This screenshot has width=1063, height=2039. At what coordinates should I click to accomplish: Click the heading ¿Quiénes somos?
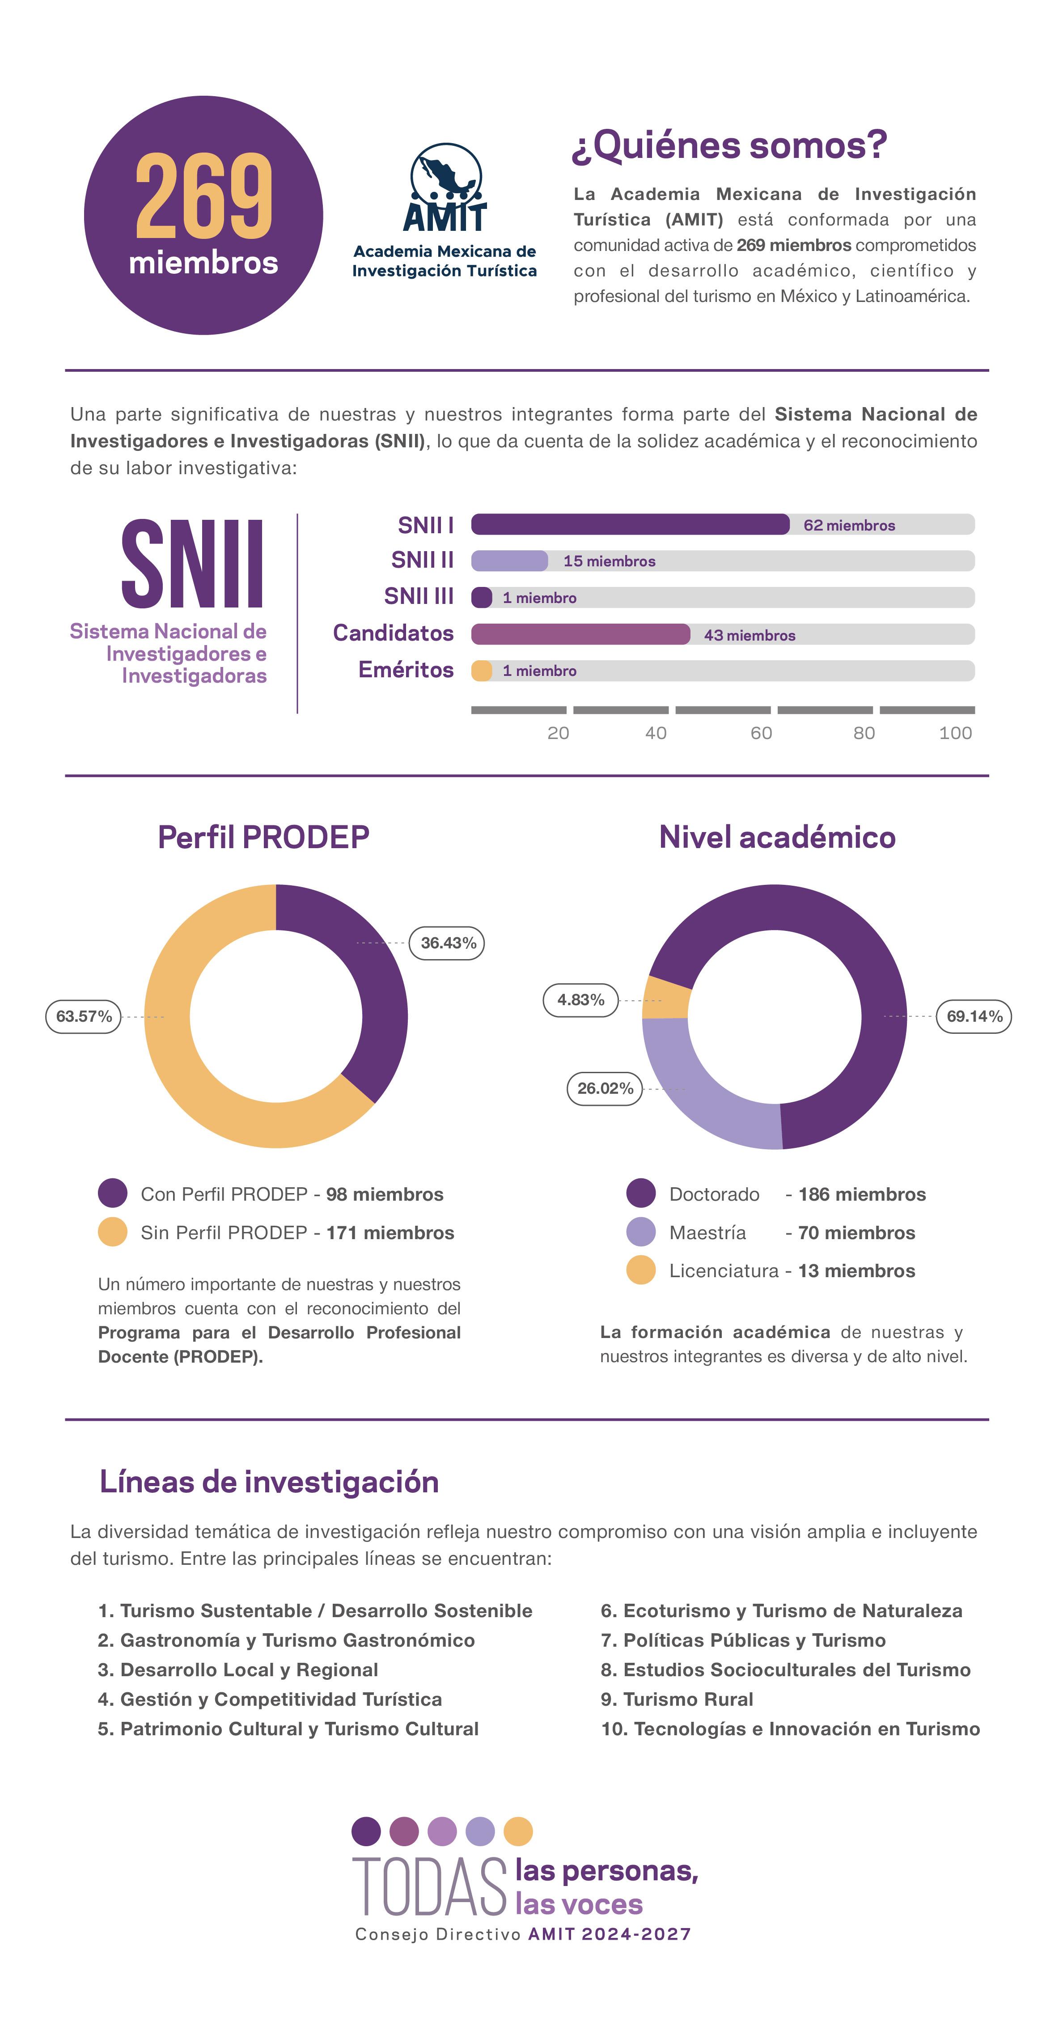[x=728, y=146]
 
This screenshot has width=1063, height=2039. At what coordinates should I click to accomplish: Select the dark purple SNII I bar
[x=629, y=524]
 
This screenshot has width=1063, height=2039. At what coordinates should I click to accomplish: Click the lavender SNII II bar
[x=509, y=561]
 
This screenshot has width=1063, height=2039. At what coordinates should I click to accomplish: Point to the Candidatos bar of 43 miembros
[x=580, y=634]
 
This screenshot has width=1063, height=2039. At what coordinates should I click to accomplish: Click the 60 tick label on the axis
[x=761, y=733]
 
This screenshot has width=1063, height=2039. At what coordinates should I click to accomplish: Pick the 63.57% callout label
[x=83, y=1016]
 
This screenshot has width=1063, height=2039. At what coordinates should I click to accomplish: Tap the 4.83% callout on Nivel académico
[x=580, y=1000]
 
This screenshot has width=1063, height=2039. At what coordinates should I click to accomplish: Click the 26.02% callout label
[x=605, y=1088]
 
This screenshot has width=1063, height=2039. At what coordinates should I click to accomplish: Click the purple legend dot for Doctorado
[x=640, y=1194]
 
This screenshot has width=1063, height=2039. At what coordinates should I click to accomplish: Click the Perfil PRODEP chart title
[x=263, y=837]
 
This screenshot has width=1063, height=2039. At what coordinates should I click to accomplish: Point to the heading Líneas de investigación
[x=269, y=1482]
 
